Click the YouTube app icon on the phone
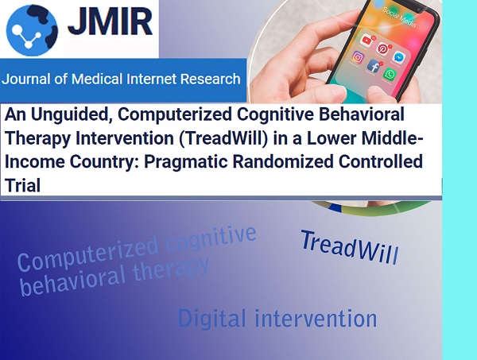[366, 41]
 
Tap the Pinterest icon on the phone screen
[382, 48]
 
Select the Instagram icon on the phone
[358, 57]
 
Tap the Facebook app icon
[374, 66]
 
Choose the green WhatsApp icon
[390, 75]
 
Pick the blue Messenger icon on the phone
[398, 57]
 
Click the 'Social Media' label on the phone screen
[399, 17]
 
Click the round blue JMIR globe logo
[32, 30]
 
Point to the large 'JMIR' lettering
[111, 21]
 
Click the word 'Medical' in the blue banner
[97, 79]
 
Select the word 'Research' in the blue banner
[211, 79]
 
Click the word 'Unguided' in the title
[72, 115]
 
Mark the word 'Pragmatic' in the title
[185, 162]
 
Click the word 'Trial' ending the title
[22, 185]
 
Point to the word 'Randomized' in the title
[283, 161]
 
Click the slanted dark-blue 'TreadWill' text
[350, 247]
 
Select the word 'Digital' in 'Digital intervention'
[211, 319]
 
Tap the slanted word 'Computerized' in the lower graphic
[87, 254]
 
